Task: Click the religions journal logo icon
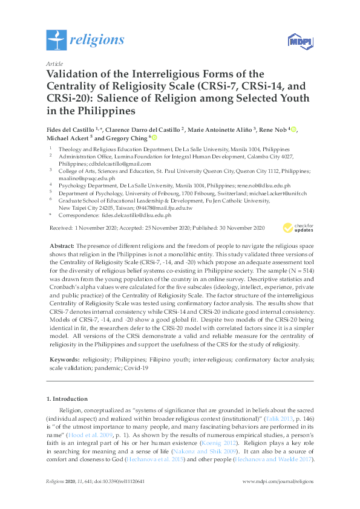(x=56, y=41)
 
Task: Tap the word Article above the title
(x=53, y=63)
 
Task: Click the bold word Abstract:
(x=60, y=246)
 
